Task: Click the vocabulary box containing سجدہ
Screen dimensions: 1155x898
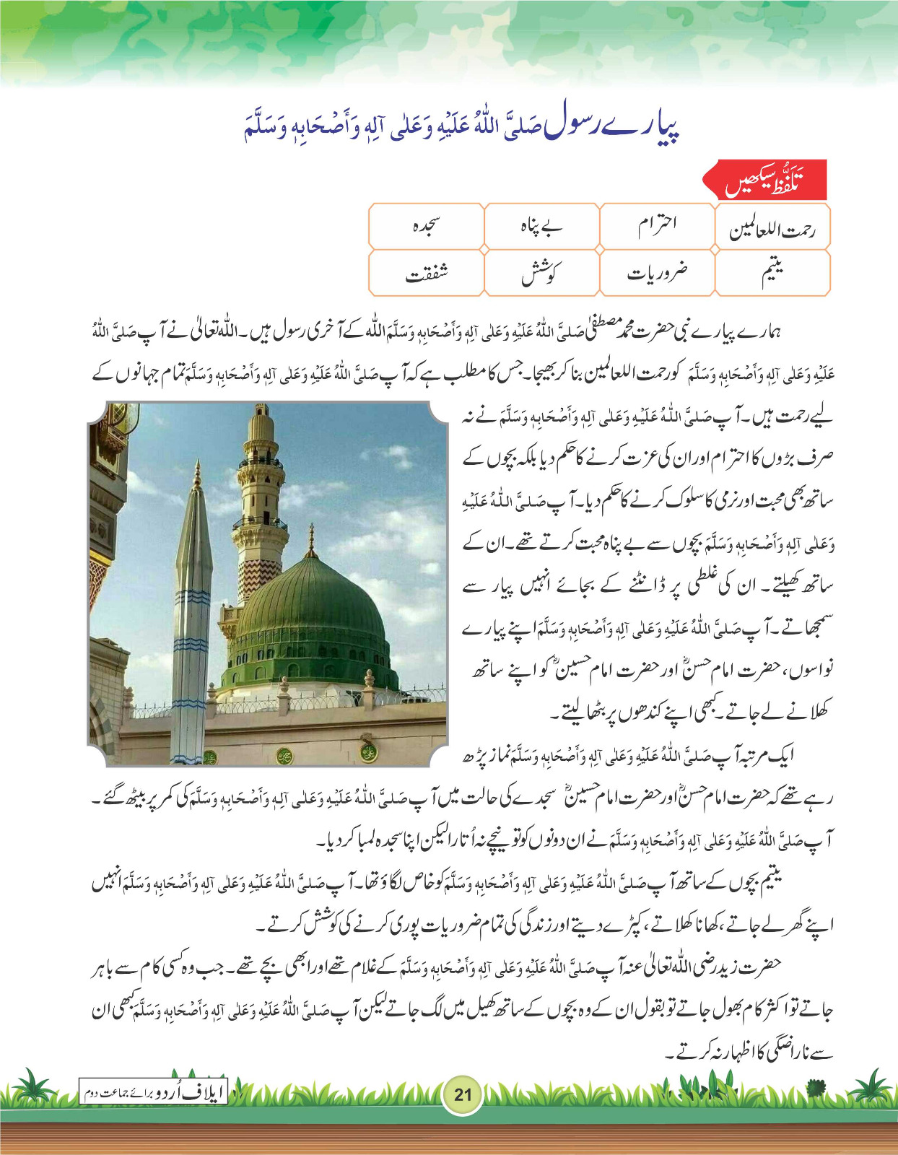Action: tap(426, 227)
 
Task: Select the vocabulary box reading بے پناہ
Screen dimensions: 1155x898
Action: tap(541, 227)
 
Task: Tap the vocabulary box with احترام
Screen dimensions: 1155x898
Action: tap(657, 227)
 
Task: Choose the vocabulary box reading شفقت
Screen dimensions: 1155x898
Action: tap(426, 273)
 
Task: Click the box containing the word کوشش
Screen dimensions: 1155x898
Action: tap(541, 273)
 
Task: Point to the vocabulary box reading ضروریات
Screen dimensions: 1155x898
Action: tap(657, 273)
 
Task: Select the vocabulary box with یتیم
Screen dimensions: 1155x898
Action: tap(772, 273)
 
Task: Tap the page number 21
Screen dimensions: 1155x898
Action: tap(463, 1094)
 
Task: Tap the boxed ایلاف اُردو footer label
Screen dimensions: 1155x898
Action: tap(153, 1093)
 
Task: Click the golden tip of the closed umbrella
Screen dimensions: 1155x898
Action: tap(197, 476)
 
